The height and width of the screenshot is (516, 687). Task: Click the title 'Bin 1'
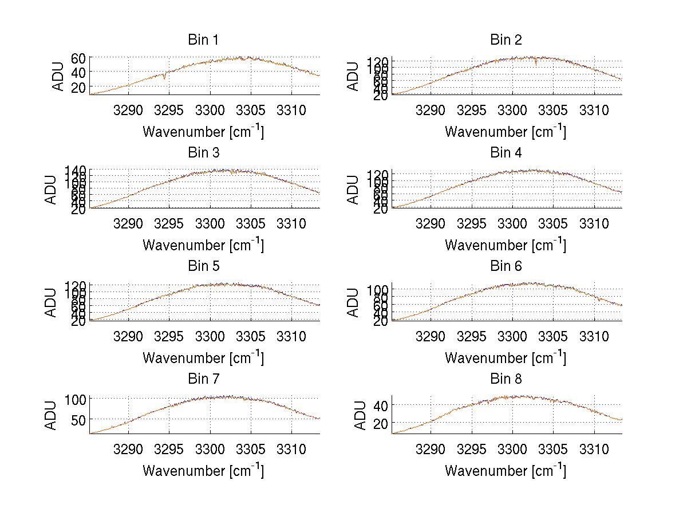tap(203, 40)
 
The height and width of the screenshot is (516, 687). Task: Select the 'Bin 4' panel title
tap(506, 153)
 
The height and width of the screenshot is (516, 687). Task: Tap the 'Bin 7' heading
tap(203, 379)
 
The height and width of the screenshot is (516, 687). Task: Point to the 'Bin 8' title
tap(506, 379)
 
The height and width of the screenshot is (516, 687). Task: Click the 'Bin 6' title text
tap(506, 266)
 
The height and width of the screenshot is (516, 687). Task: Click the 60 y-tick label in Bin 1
tap(78, 58)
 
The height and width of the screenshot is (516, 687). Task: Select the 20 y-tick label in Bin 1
tap(78, 86)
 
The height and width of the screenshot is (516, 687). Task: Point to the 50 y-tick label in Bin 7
tap(78, 419)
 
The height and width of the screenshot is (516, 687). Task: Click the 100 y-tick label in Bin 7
tap(75, 399)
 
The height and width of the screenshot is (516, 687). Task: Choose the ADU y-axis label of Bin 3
tap(52, 189)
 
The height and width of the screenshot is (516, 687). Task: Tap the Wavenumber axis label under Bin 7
tap(203, 471)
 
